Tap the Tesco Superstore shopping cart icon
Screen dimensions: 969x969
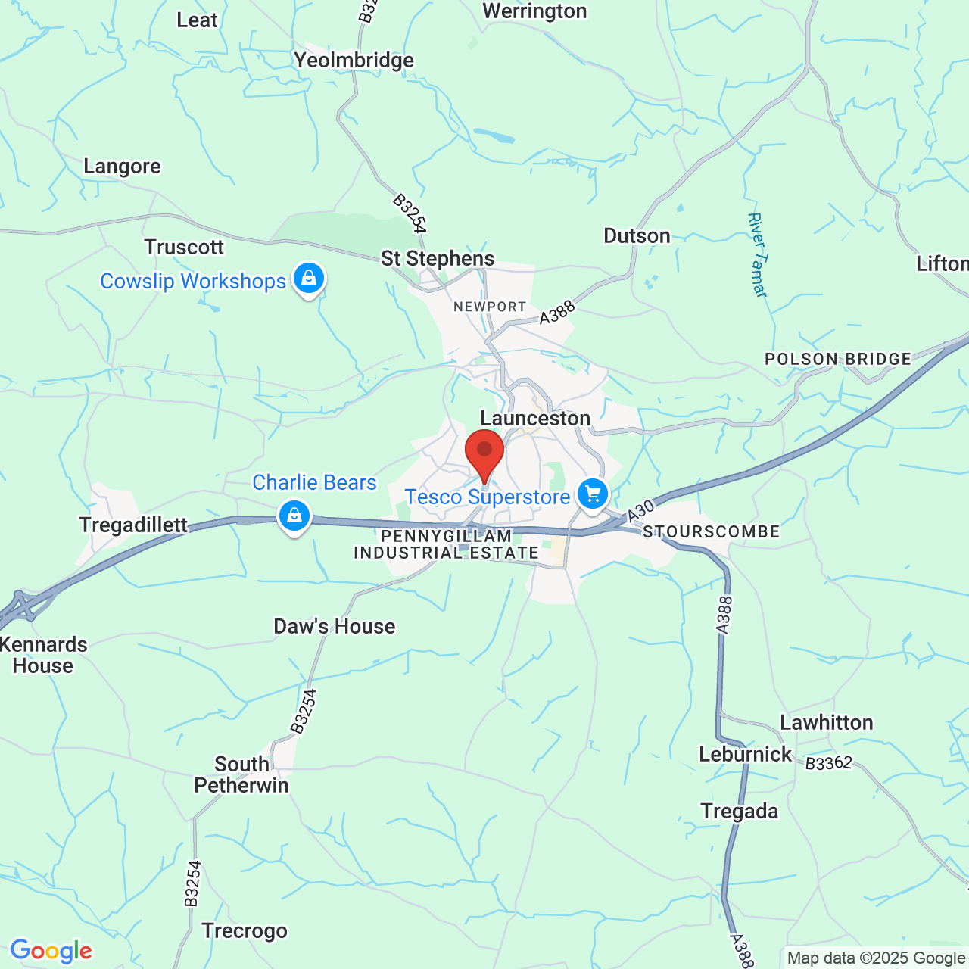click(x=593, y=494)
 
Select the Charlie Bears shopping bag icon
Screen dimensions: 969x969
click(x=294, y=516)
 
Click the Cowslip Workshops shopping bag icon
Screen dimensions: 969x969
click(x=308, y=278)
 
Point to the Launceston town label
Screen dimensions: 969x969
click(x=535, y=418)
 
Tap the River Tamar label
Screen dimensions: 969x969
click(x=758, y=254)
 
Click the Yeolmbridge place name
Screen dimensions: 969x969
click(x=354, y=60)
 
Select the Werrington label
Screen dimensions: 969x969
click(x=534, y=11)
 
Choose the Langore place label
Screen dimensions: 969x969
click(x=122, y=166)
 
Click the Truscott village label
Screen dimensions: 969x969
click(x=184, y=247)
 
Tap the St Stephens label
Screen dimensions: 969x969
click(x=438, y=258)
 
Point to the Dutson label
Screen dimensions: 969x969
click(x=637, y=235)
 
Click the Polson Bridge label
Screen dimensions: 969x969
click(x=838, y=359)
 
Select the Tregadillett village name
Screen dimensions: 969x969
click(x=133, y=525)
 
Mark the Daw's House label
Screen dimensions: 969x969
click(x=334, y=626)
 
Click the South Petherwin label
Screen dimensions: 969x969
click(x=241, y=774)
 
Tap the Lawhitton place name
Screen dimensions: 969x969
click(x=827, y=722)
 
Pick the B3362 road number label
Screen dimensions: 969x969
click(x=829, y=763)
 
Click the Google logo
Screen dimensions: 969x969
click(x=51, y=951)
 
